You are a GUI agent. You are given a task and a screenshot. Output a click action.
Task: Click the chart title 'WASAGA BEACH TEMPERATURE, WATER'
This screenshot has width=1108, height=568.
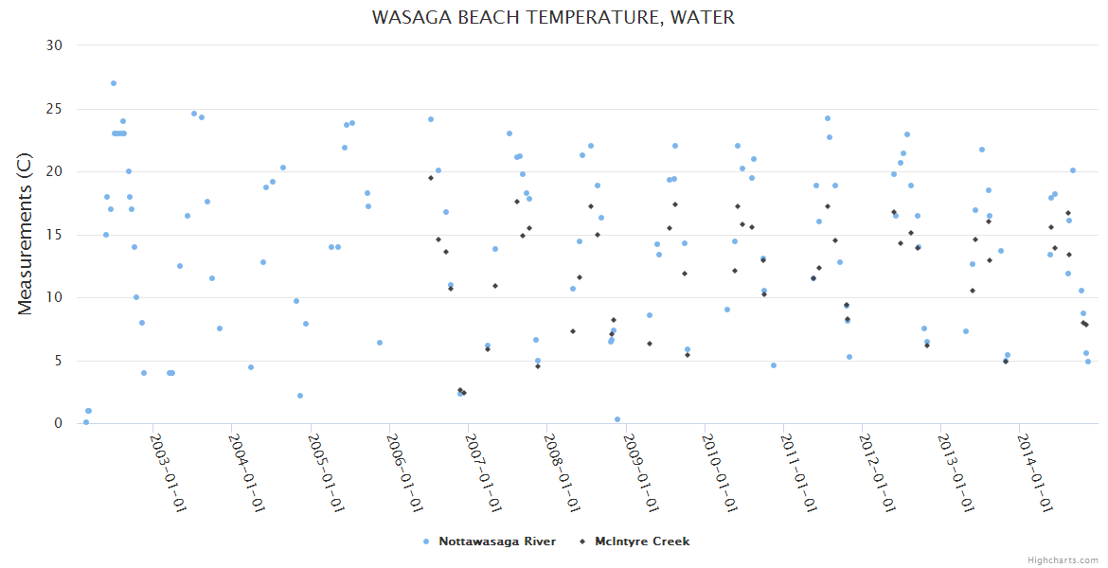[x=553, y=18]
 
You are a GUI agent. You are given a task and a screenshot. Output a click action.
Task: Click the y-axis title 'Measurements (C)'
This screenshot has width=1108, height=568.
[x=26, y=234]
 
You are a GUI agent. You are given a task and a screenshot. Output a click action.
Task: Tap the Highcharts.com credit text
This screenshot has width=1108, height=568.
[x=1063, y=559]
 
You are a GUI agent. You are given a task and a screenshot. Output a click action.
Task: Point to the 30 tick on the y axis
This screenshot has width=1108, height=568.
[x=54, y=45]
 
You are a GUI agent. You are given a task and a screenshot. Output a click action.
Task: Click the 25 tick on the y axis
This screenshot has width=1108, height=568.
[x=54, y=109]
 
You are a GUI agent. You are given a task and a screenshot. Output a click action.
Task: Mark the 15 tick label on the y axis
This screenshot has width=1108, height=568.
[x=54, y=235]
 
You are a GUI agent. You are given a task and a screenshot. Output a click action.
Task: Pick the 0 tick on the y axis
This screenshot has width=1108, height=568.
[x=58, y=423]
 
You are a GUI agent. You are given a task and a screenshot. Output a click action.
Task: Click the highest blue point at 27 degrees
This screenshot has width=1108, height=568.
[x=114, y=83]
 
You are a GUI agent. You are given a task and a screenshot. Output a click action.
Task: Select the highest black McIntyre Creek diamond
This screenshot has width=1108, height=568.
[x=431, y=178]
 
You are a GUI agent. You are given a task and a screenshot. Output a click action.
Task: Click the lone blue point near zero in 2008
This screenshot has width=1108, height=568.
[x=617, y=419]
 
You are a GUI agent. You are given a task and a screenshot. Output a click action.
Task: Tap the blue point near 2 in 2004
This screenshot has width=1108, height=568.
[x=300, y=396]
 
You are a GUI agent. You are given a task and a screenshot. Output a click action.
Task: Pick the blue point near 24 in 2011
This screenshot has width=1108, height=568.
[x=828, y=118]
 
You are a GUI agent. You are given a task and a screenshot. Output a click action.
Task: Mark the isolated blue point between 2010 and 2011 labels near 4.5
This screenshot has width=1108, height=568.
[x=774, y=365]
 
